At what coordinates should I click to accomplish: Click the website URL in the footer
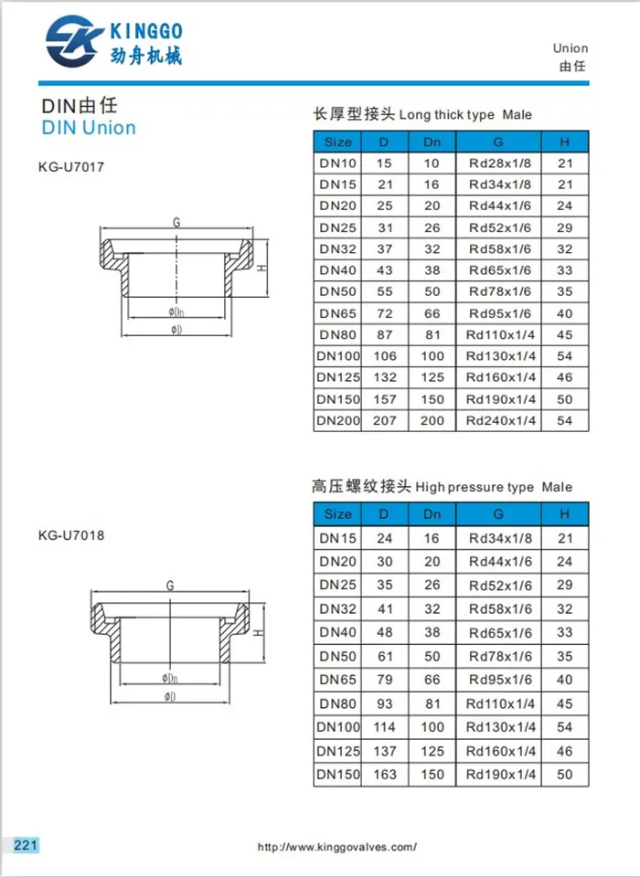coord(337,847)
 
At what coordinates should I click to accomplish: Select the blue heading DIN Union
coord(89,128)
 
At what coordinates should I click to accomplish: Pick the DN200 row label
coord(337,421)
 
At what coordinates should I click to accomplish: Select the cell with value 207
coord(384,421)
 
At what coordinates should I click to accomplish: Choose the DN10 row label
coord(337,164)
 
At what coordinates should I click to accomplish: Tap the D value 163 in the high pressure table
coord(384,775)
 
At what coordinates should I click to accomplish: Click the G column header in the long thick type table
coord(498,142)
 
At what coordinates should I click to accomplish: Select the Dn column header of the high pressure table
coord(432,514)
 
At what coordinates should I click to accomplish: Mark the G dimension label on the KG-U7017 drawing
coord(176,222)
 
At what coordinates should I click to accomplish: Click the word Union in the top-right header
coord(571,48)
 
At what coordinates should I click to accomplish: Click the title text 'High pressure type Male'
coord(494,488)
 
